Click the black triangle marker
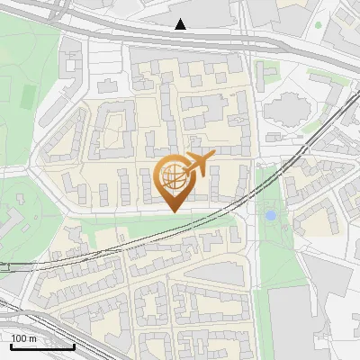pyautogui.click(x=181, y=24)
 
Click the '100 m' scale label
pyautogui.click(x=24, y=338)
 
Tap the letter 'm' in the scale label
pyautogui.click(x=32, y=338)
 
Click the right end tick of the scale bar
pyautogui.click(x=74, y=345)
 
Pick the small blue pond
pyautogui.click(x=270, y=216)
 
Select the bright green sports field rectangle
pyautogui.click(x=28, y=94)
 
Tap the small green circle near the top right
pyautogui.click(x=317, y=25)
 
